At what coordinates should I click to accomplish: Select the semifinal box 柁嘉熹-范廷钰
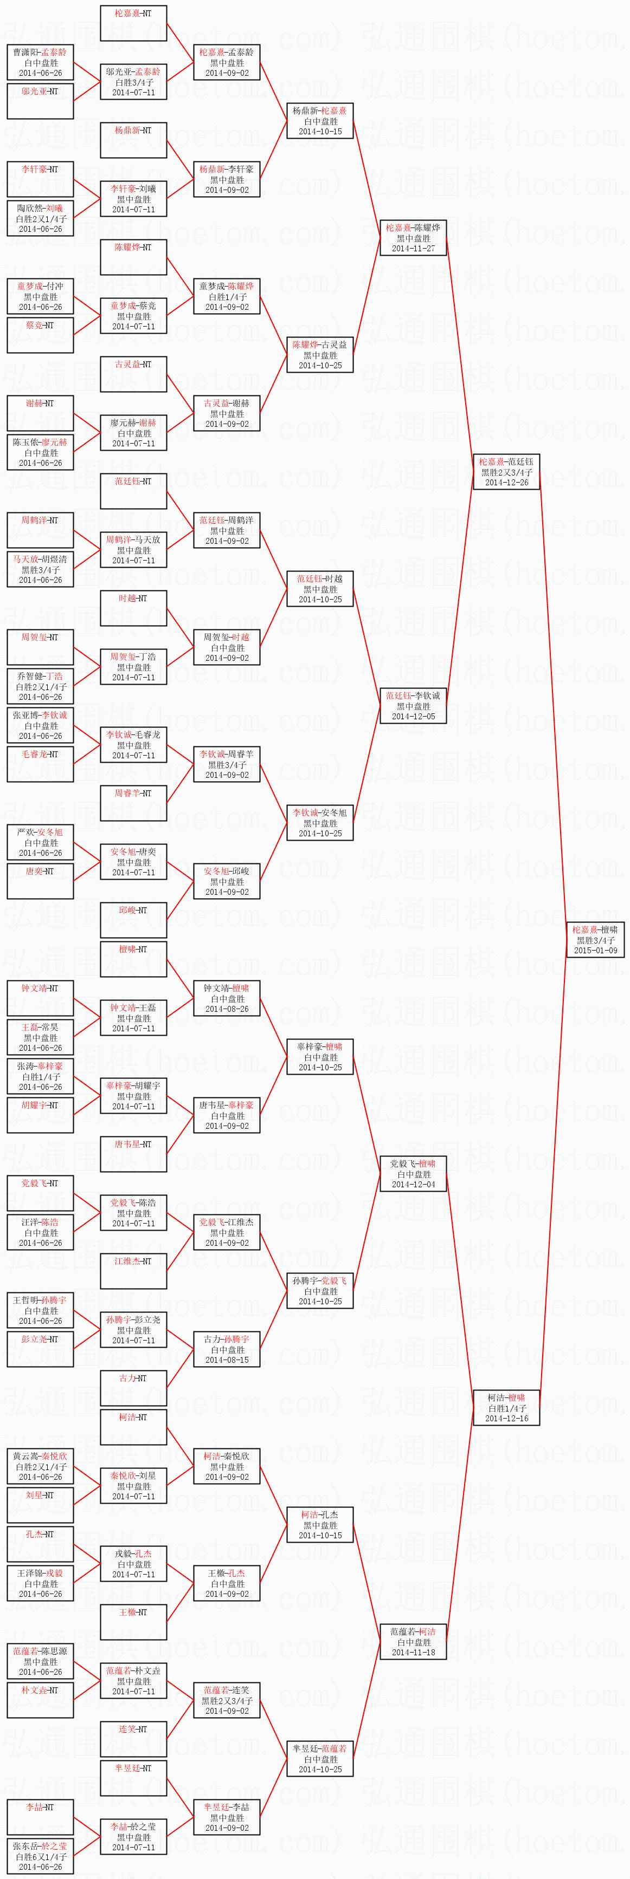point(506,471)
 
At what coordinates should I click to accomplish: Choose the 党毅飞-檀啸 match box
point(413,1174)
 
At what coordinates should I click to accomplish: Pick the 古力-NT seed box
point(133,1389)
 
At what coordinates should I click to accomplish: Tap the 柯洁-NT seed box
point(133,1427)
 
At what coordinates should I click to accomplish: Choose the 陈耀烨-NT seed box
point(133,257)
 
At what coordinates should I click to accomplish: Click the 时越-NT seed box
point(133,608)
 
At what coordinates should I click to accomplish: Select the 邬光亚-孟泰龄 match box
point(133,82)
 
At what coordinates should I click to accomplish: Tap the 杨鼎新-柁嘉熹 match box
point(320,120)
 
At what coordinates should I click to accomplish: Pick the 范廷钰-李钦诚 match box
point(413,705)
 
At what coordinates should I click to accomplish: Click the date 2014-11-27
point(413,248)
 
